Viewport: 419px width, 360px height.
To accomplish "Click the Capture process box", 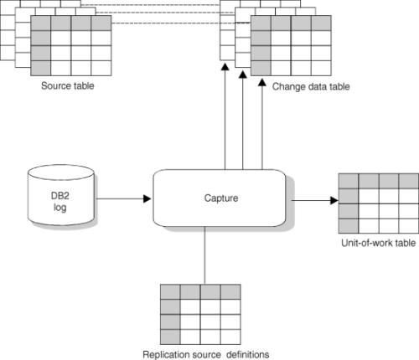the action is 220,198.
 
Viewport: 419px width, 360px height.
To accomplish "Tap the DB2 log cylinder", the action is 61,195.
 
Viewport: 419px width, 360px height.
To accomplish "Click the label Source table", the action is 68,85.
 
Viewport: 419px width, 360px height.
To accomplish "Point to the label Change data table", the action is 311,86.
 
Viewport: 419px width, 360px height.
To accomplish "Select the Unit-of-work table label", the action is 379,243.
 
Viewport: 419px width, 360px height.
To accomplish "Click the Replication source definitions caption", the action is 206,354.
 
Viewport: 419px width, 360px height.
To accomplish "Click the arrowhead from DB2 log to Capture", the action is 147,198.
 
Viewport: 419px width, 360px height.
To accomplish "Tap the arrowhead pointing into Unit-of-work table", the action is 334,200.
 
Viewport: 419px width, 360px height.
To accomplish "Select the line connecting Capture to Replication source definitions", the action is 204,255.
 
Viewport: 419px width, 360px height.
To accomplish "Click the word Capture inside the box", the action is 221,198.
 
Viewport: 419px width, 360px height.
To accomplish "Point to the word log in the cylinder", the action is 60,208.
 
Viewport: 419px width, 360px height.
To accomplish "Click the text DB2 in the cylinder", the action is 60,196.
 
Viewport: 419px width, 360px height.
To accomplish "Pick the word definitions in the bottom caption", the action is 248,354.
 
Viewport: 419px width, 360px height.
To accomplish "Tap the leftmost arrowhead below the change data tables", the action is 225,67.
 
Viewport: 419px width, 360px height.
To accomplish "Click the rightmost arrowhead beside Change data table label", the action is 262,82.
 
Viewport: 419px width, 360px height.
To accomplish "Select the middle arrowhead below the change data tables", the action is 243,75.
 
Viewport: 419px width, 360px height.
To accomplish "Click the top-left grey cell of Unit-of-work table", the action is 349,181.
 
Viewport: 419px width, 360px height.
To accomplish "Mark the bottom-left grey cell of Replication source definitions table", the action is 170,337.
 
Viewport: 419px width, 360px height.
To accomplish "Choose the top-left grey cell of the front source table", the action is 41,23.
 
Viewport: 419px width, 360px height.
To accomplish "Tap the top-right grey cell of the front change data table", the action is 321,23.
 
